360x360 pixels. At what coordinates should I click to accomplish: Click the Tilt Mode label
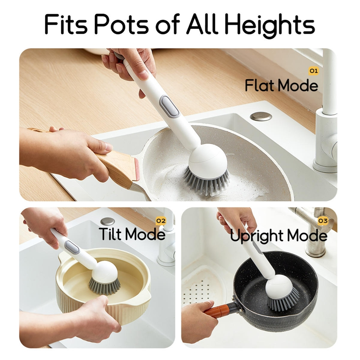pyautogui.click(x=132, y=234)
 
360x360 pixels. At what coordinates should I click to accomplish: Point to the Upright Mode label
pyautogui.click(x=279, y=236)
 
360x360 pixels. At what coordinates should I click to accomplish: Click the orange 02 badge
pyautogui.click(x=161, y=221)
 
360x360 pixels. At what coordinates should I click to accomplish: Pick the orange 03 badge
pyautogui.click(x=323, y=221)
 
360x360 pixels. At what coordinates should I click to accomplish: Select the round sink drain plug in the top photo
pyautogui.click(x=261, y=116)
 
